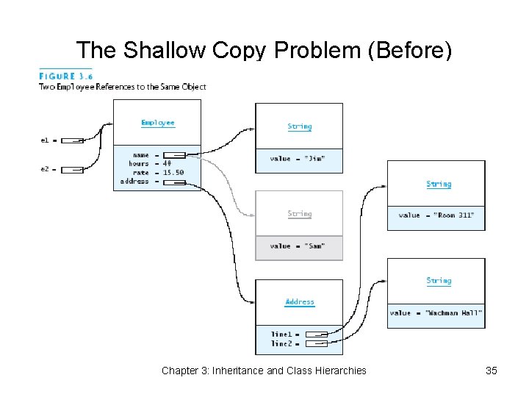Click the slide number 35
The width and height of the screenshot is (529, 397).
[492, 371]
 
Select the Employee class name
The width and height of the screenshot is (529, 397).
[158, 123]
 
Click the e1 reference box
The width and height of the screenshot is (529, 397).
[72, 139]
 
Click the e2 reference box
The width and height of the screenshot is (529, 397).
[72, 170]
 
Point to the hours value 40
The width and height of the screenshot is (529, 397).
[168, 163]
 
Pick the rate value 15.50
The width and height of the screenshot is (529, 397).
[173, 172]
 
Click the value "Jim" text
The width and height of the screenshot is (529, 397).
[297, 158]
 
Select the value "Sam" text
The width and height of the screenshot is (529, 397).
[297, 246]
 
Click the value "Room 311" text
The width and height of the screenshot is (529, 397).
[436, 215]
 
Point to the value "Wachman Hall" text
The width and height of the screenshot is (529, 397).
[436, 312]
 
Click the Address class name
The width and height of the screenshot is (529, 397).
[300, 302]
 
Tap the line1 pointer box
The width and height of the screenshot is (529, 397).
[315, 335]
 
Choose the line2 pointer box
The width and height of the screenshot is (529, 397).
[315, 343]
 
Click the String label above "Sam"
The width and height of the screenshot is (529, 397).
[300, 214]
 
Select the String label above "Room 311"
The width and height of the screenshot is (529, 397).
[439, 185]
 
